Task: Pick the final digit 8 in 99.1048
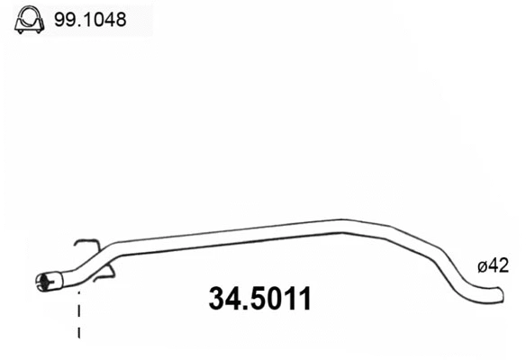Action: [x=121, y=18]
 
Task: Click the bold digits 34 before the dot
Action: [x=225, y=300]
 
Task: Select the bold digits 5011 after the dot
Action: [x=281, y=300]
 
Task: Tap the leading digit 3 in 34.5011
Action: [x=216, y=300]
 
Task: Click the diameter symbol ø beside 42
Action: [x=483, y=265]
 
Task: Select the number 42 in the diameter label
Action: [x=500, y=265]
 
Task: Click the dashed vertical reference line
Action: [x=79, y=315]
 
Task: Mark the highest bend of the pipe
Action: [x=347, y=223]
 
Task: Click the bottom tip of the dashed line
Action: [x=79, y=337]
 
